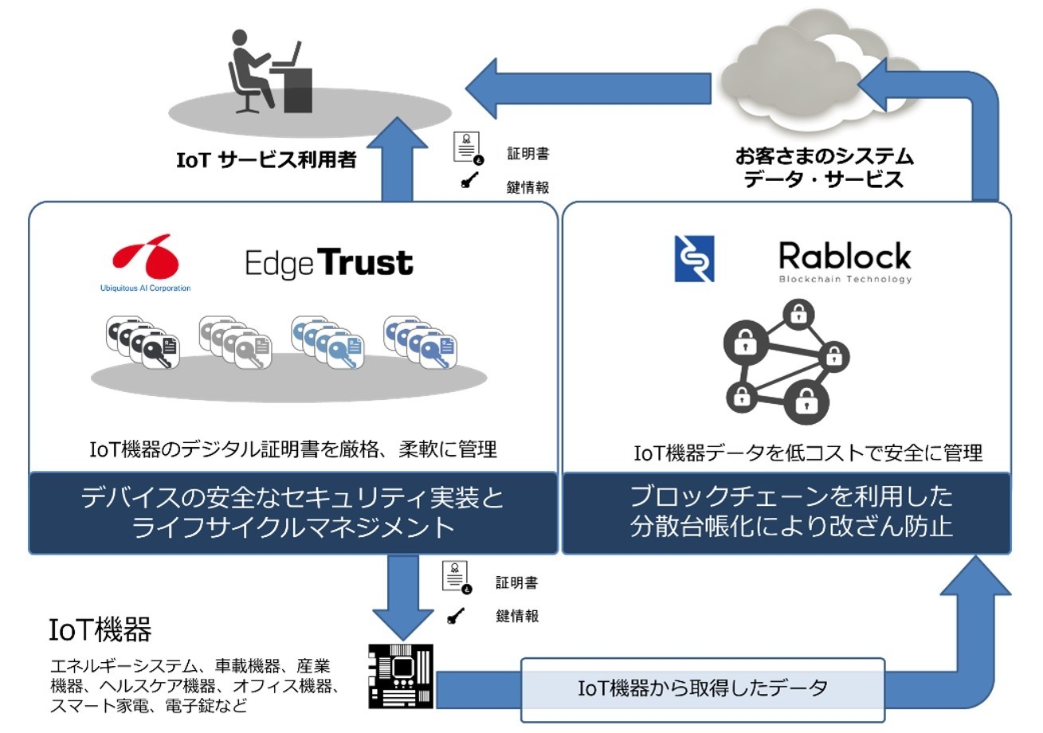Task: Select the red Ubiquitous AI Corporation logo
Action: point(145,257)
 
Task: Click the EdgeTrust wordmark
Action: point(328,263)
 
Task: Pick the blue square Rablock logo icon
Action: point(694,258)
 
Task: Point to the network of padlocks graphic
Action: point(785,361)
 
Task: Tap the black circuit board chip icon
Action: point(401,676)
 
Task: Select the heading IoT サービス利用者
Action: point(266,159)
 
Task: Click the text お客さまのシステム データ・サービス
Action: point(824,167)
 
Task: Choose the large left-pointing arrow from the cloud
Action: point(587,88)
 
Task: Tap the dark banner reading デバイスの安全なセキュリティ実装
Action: point(292,512)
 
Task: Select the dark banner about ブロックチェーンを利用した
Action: point(786,512)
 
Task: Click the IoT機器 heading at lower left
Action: point(100,629)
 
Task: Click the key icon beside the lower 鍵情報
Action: point(456,616)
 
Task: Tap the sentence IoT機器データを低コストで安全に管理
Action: point(807,453)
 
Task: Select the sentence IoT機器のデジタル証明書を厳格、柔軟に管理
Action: point(293,449)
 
